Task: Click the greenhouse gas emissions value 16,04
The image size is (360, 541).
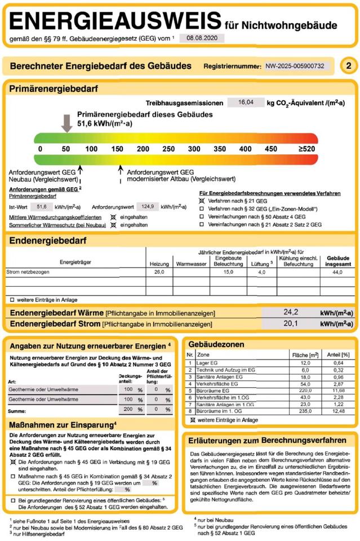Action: pyautogui.click(x=246, y=103)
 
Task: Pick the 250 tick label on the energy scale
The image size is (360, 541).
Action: pyautogui.click(x=168, y=149)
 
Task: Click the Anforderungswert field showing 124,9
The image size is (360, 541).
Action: pyautogui.click(x=148, y=207)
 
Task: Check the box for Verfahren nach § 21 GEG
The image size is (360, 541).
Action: pyautogui.click(x=202, y=201)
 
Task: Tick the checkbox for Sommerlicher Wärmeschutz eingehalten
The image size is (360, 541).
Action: pyautogui.click(x=114, y=225)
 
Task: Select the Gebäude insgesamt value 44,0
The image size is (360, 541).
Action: pyautogui.click(x=337, y=272)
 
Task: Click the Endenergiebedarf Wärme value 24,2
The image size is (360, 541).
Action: pyautogui.click(x=291, y=312)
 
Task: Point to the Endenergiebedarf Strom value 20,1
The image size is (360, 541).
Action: pyautogui.click(x=291, y=323)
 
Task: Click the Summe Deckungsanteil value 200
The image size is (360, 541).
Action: pyautogui.click(x=128, y=409)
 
